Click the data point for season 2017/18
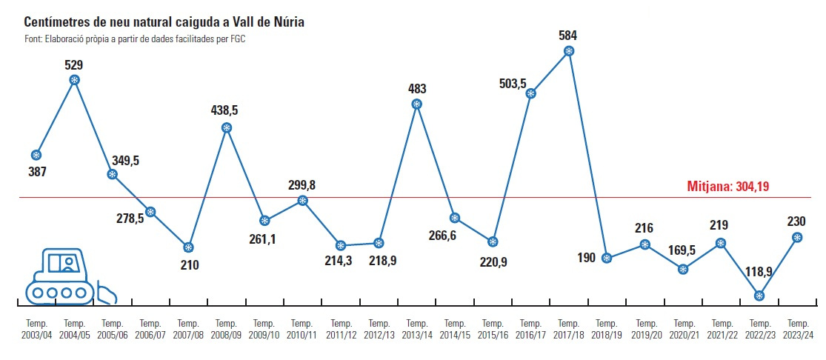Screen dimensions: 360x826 (568, 51)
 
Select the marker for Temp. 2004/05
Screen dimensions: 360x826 (74, 80)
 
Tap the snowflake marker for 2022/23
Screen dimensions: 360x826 (759, 296)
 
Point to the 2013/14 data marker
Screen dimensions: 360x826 (416, 104)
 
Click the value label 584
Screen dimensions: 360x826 (568, 35)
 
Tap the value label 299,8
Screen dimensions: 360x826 (302, 184)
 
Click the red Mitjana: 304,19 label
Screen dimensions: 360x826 (728, 187)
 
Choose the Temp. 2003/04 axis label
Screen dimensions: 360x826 (36, 330)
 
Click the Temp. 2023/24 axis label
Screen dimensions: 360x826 (798, 330)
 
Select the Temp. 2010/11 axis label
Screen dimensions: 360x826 (302, 330)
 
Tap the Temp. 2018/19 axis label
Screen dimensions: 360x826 (607, 330)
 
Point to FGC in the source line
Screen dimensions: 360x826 (237, 39)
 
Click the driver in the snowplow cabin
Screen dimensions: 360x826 (69, 263)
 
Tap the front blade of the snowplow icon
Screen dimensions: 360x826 (108, 293)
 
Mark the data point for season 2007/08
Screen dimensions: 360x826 (188, 247)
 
